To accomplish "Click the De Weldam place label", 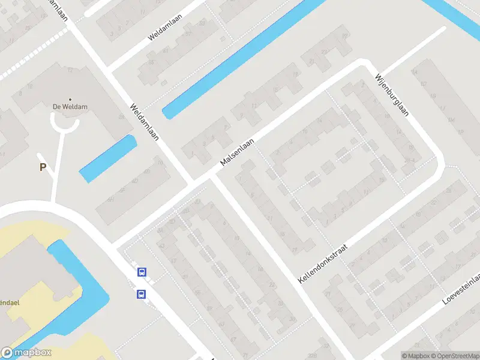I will pyautogui.click(x=70, y=107).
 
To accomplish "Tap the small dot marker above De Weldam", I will pyautogui.click(x=70, y=99).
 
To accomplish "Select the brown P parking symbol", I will pyautogui.click(x=43, y=167).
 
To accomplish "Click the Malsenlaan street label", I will pyautogui.click(x=237, y=152).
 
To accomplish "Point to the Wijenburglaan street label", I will pyautogui.click(x=391, y=96).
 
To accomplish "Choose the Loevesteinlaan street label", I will pyautogui.click(x=462, y=290).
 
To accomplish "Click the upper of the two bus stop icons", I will pyautogui.click(x=142, y=272).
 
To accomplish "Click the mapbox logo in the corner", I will pyautogui.click(x=26, y=353).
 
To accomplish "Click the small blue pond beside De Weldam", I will pyautogui.click(x=108, y=158).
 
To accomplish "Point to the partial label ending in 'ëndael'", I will pyautogui.click(x=10, y=303).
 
